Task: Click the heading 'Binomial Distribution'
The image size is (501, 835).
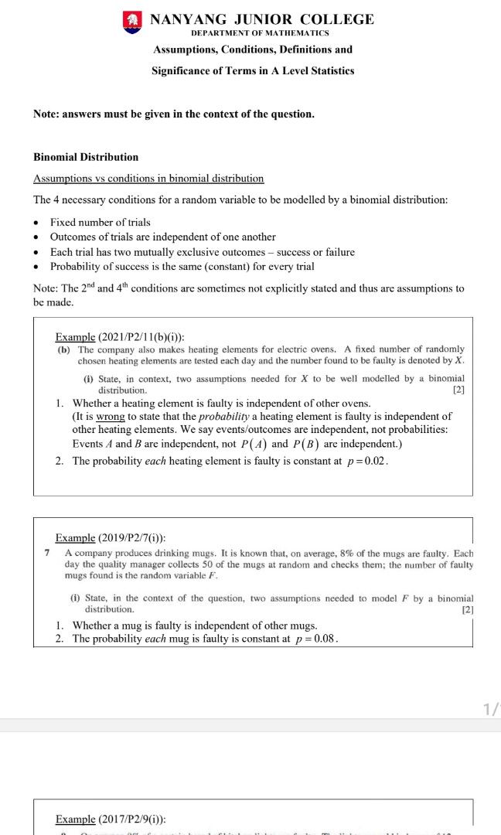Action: point(86,157)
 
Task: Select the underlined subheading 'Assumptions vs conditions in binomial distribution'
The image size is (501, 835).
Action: point(148,179)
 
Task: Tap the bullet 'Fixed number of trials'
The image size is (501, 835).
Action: point(100,223)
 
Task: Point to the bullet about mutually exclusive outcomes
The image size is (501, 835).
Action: point(202,252)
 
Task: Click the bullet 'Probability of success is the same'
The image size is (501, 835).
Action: point(182,267)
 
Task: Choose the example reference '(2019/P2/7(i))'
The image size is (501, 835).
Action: point(132,538)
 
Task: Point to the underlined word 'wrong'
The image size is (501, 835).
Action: point(111,417)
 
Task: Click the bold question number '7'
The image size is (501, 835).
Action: point(47,554)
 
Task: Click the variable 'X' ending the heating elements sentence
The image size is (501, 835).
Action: point(458,361)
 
